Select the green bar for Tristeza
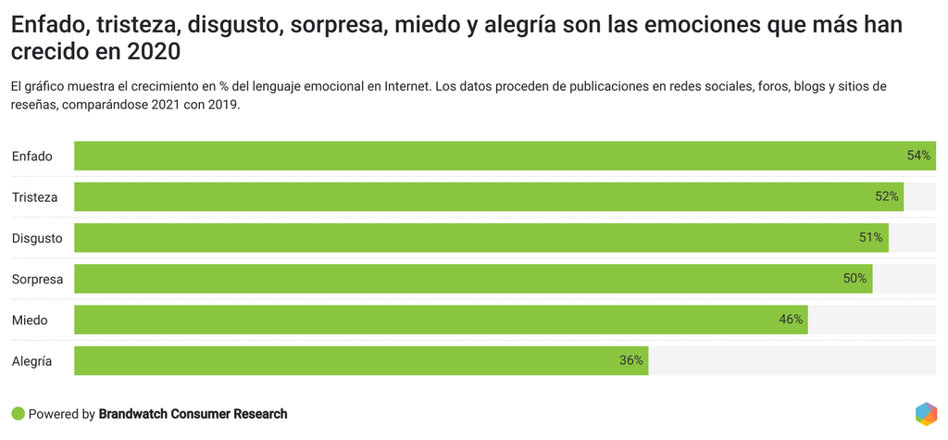point(489,196)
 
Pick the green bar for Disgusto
point(481,238)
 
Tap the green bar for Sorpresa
point(473,279)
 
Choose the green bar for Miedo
point(441,320)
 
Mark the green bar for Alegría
point(361,360)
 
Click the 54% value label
point(919,156)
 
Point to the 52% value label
point(887,196)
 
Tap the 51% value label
point(871,238)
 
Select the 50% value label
point(855,279)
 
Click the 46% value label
point(791,320)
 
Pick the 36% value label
point(631,360)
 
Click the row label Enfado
point(32,157)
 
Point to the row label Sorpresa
point(37,279)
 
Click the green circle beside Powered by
point(18,414)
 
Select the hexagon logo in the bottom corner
point(926,414)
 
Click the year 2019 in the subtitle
point(221,105)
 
